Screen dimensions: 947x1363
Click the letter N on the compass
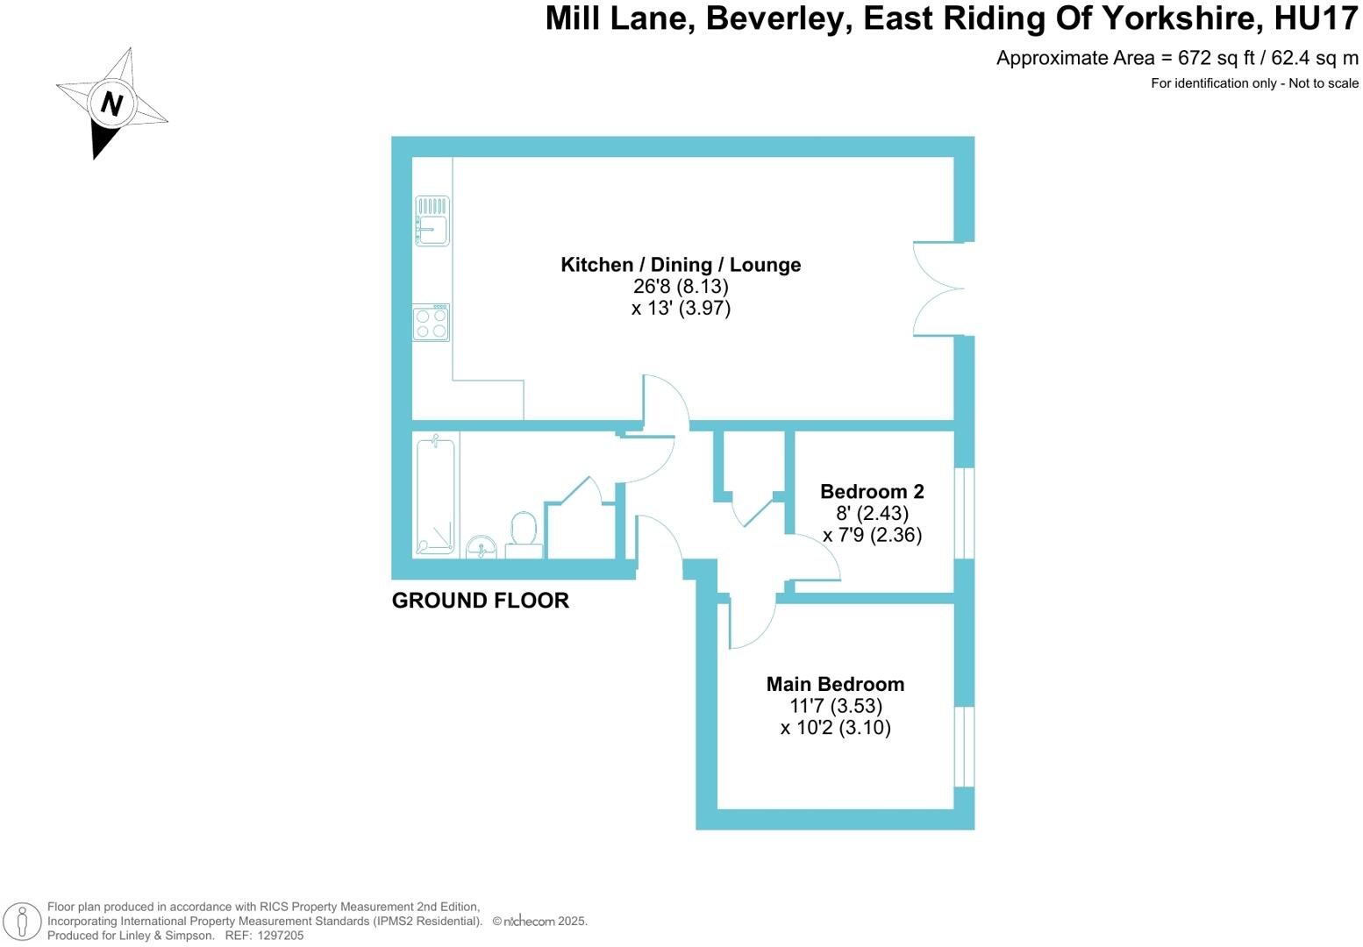pos(111,103)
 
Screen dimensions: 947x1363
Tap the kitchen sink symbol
pos(432,221)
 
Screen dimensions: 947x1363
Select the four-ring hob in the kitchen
pos(431,323)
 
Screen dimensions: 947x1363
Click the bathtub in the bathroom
pos(435,495)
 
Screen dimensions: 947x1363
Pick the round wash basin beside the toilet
pos(481,548)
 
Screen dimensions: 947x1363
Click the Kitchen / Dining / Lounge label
pos(681,265)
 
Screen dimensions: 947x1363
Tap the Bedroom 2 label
pos(872,492)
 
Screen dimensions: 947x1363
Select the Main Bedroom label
pos(835,684)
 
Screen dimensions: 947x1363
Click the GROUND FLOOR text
pos(480,601)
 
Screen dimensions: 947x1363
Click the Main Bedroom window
pos(964,746)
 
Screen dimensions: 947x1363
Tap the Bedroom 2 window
pos(964,513)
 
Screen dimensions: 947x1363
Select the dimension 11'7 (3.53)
pos(835,706)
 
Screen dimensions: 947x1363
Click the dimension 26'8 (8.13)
pos(681,287)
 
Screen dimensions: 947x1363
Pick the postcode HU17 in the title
pos(1317,18)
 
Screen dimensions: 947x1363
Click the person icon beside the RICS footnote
pos(23,922)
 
